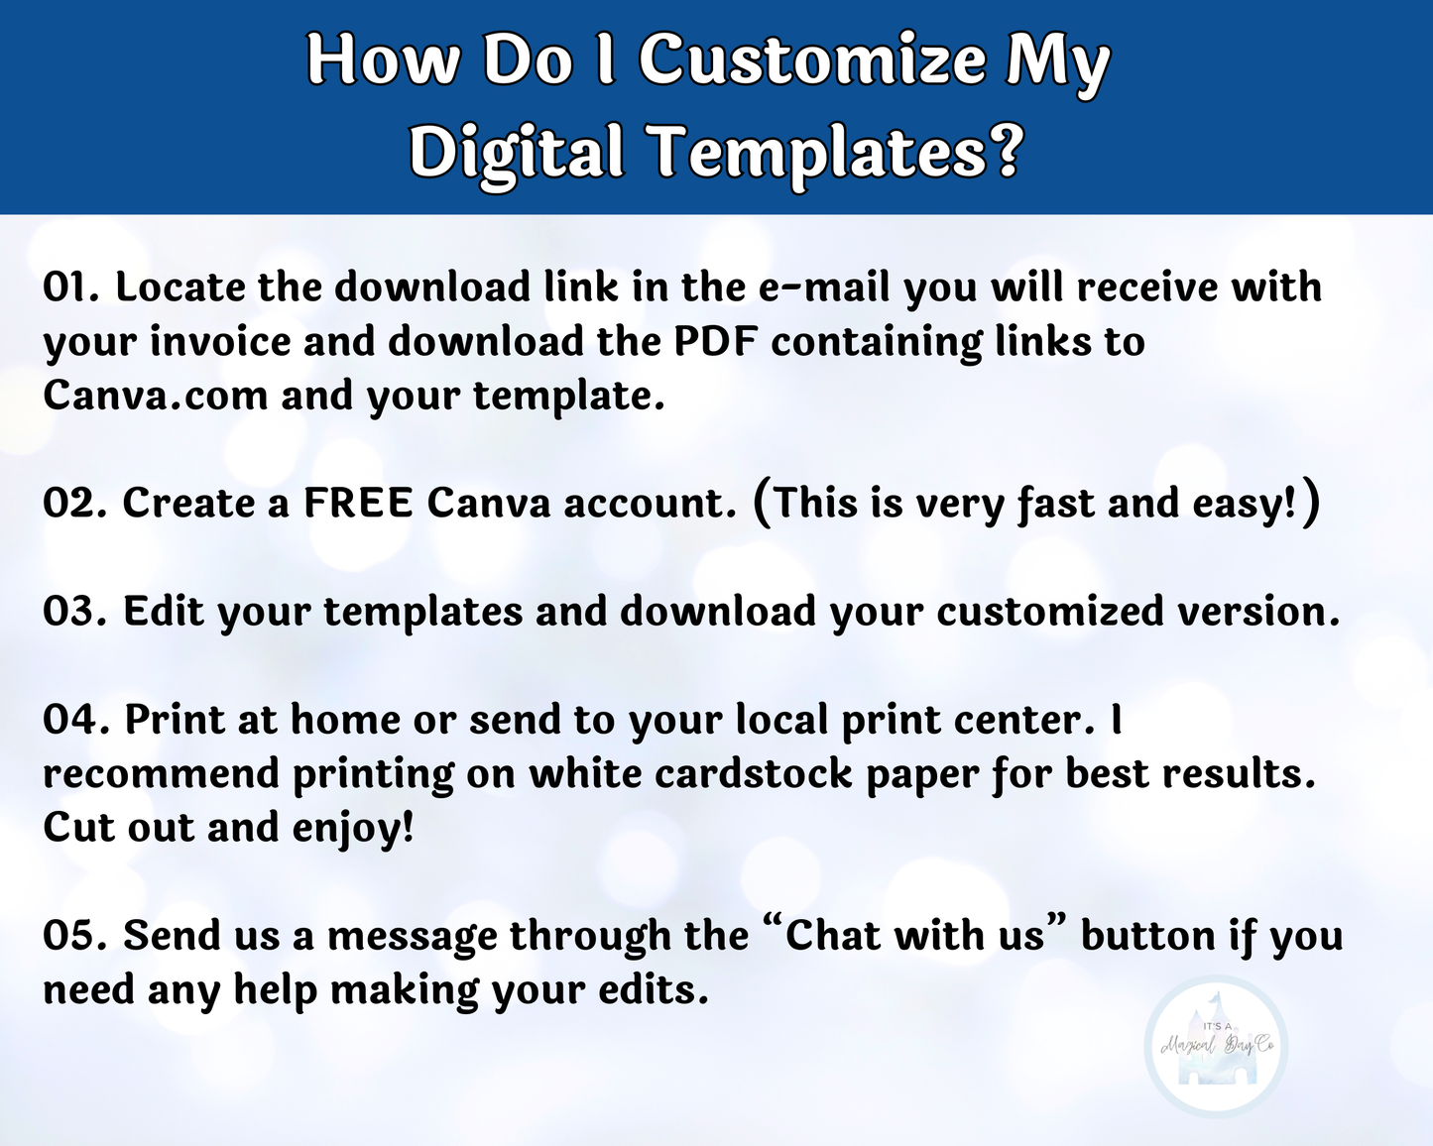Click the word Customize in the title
tap(811, 60)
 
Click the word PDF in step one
tap(716, 342)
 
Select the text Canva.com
tap(155, 396)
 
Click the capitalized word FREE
tap(358, 503)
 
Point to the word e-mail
tap(824, 287)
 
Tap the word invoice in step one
tap(221, 342)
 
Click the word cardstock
tap(754, 774)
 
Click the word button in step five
tap(1148, 935)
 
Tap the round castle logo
tap(1216, 1046)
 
